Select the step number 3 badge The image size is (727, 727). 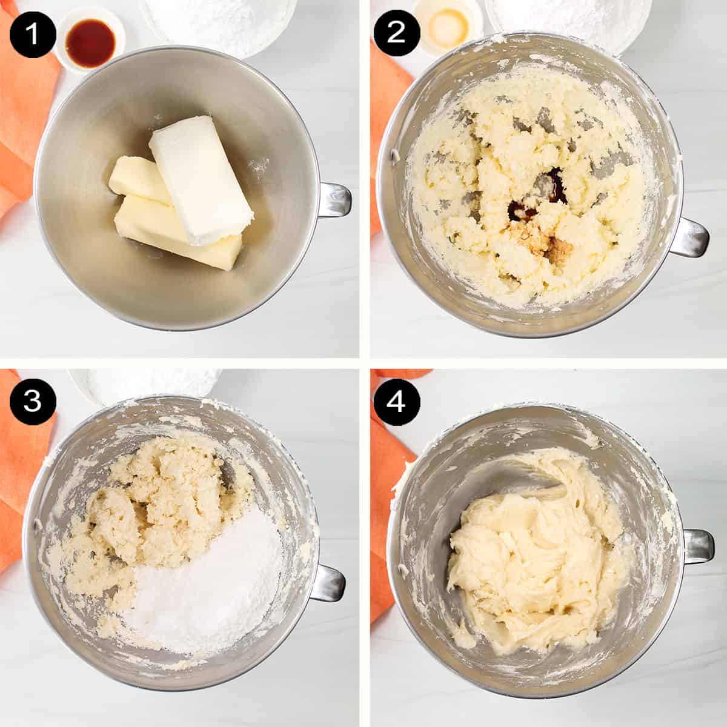point(32,400)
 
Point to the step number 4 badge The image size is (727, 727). point(395,400)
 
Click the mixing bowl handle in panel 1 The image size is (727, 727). point(333,199)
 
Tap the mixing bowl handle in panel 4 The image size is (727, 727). point(697,546)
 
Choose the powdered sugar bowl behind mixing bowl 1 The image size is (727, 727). point(218,21)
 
